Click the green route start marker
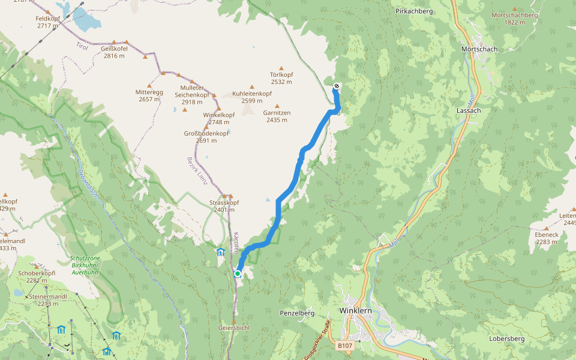pos(238,274)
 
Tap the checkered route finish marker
pos(337,86)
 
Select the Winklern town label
pos(356,311)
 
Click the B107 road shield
pos(344,346)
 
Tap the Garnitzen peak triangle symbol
pos(277,106)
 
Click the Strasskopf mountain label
pos(224,202)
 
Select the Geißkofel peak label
pos(113,49)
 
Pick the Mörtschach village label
pos(479,49)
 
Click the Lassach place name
pos(469,111)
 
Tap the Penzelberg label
pos(297,313)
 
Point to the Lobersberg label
pos(506,339)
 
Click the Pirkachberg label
pos(415,11)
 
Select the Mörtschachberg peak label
pos(515,15)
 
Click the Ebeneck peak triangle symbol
pos(546,228)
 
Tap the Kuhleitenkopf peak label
pos(252,94)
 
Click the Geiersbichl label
pos(234,328)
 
